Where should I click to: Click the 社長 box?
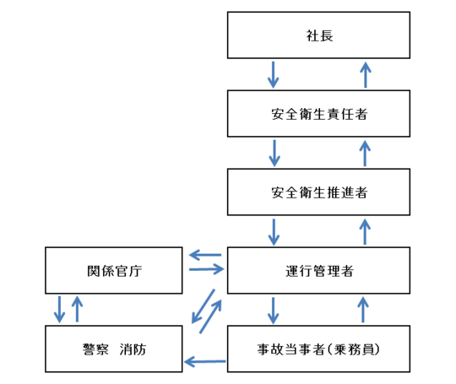[x=319, y=35]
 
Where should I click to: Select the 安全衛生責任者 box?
[x=319, y=114]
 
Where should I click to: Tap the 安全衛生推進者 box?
[x=319, y=192]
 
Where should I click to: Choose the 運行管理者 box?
[x=319, y=270]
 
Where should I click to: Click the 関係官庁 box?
[x=113, y=270]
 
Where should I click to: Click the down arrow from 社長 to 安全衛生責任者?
[x=273, y=74]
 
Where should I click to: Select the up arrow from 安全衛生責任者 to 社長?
[x=365, y=74]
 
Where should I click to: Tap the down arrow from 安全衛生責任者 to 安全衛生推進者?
[x=273, y=153]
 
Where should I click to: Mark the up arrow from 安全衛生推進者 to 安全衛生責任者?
[x=365, y=153]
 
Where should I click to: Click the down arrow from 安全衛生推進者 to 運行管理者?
[x=273, y=230]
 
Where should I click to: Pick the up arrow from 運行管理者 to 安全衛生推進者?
[x=365, y=230]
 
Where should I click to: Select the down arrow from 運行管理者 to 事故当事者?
[x=273, y=309]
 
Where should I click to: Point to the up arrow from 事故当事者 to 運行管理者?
[x=365, y=309]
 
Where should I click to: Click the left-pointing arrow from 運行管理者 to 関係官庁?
[x=204, y=254]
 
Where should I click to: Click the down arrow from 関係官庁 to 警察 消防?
[x=59, y=309]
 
